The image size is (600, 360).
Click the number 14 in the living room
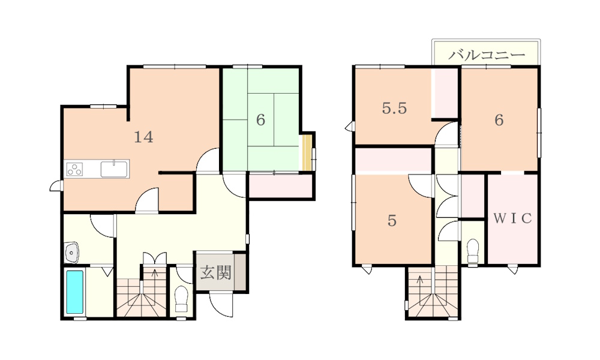pyautogui.click(x=143, y=137)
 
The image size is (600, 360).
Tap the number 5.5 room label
pyautogui.click(x=395, y=109)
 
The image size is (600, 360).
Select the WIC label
pyautogui.click(x=512, y=218)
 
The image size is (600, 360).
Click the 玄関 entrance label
pyautogui.click(x=216, y=273)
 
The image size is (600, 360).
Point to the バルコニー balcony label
pyautogui.click(x=487, y=55)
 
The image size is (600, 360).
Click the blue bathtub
pyautogui.click(x=75, y=292)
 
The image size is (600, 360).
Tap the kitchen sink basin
pyautogui.click(x=114, y=169)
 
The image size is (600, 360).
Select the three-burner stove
pyautogui.click(x=74, y=169)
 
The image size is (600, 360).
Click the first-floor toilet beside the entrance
pyautogui.click(x=181, y=299)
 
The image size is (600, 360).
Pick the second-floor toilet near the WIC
pyautogui.click(x=473, y=251)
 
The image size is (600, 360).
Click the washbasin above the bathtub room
pyautogui.click(x=71, y=252)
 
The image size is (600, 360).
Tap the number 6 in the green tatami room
pyautogui.click(x=260, y=120)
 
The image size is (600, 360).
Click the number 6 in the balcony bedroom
pyautogui.click(x=499, y=120)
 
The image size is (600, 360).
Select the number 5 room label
pyautogui.click(x=392, y=221)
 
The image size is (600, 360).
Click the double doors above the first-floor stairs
pyautogui.click(x=155, y=258)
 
